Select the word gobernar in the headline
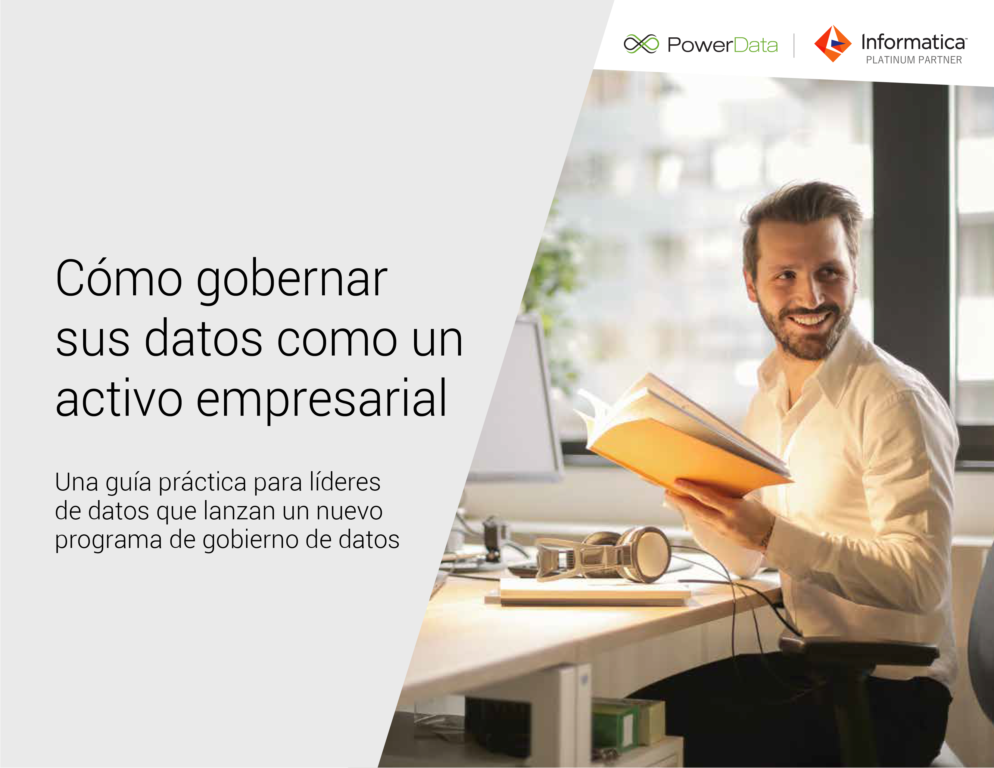pyautogui.click(x=292, y=282)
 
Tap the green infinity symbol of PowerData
pyautogui.click(x=641, y=44)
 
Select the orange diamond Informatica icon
pyautogui.click(x=832, y=44)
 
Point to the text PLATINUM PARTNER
pyautogui.click(x=914, y=60)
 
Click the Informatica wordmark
pyautogui.click(x=913, y=42)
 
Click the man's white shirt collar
pyautogui.click(x=819, y=373)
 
